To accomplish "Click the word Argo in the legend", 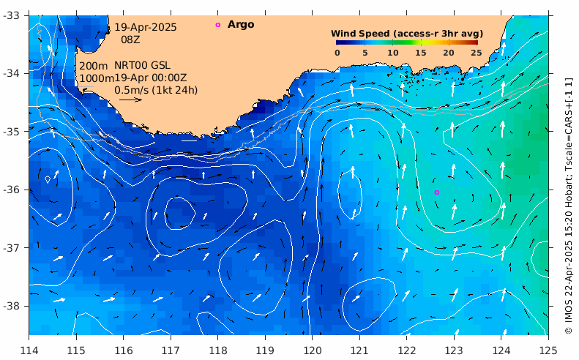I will [241, 25].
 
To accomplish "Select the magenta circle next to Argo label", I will [217, 25].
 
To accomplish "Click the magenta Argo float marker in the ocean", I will [437, 192].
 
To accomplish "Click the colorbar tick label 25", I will [476, 53].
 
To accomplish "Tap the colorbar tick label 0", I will [337, 53].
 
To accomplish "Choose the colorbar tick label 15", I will [420, 53].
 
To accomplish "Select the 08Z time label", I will [130, 40].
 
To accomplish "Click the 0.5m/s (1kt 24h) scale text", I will [156, 90].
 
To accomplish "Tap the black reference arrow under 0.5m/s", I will [130, 100].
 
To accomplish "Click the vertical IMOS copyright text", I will [569, 205].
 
